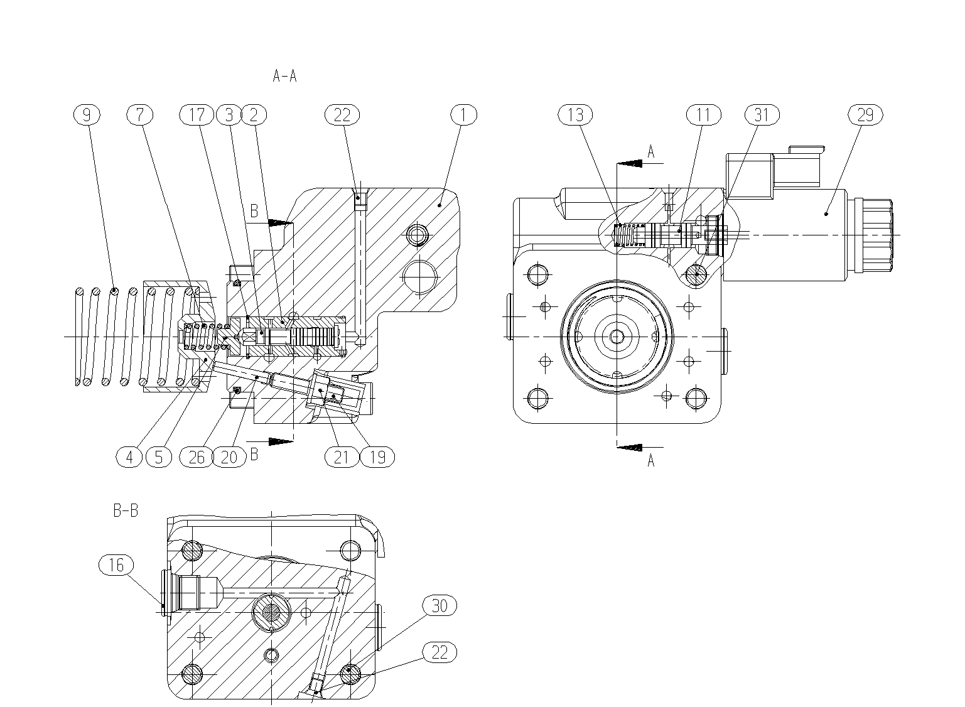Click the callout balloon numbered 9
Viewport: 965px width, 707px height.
coord(87,115)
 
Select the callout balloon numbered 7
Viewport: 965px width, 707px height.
coord(140,115)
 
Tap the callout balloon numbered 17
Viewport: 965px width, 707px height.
coord(197,115)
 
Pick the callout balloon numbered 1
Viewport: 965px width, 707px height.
coord(464,115)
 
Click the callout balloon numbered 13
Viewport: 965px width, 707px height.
coord(575,115)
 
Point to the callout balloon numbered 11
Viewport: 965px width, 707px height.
coord(704,115)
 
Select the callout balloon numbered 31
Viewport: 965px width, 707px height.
coord(762,115)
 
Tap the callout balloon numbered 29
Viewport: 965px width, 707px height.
coord(865,115)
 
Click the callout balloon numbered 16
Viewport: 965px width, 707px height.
coord(116,565)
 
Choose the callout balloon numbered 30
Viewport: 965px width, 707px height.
coord(439,605)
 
